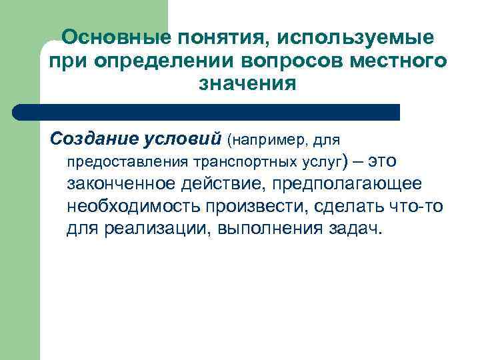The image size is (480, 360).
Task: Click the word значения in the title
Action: [247, 84]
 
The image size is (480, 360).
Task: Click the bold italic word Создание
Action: [93, 140]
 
